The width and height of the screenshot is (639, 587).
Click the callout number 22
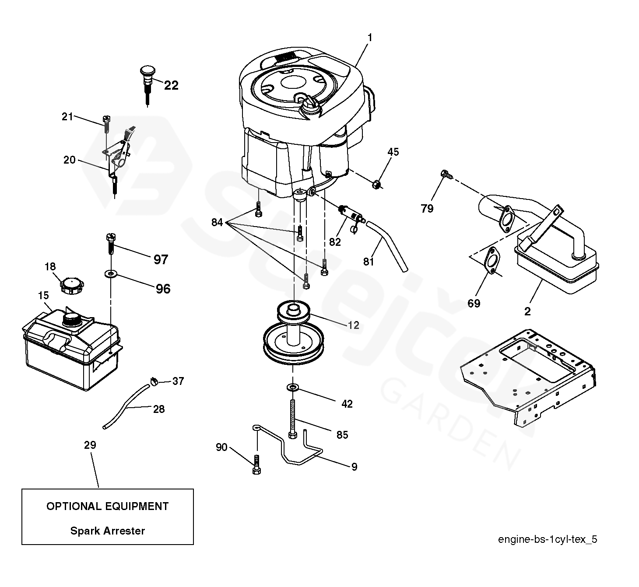[171, 85]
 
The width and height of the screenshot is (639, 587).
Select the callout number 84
[217, 223]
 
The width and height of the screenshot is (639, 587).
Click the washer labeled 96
[111, 274]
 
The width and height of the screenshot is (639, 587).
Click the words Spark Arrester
[108, 531]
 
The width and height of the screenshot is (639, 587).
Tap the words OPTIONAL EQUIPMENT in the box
[108, 507]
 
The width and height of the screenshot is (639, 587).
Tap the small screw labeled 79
[445, 174]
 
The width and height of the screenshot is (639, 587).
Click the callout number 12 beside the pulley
[353, 325]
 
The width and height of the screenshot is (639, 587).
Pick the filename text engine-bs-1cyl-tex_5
[547, 539]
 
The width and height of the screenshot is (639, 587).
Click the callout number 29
[90, 445]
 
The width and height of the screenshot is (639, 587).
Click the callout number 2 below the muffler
[527, 311]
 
